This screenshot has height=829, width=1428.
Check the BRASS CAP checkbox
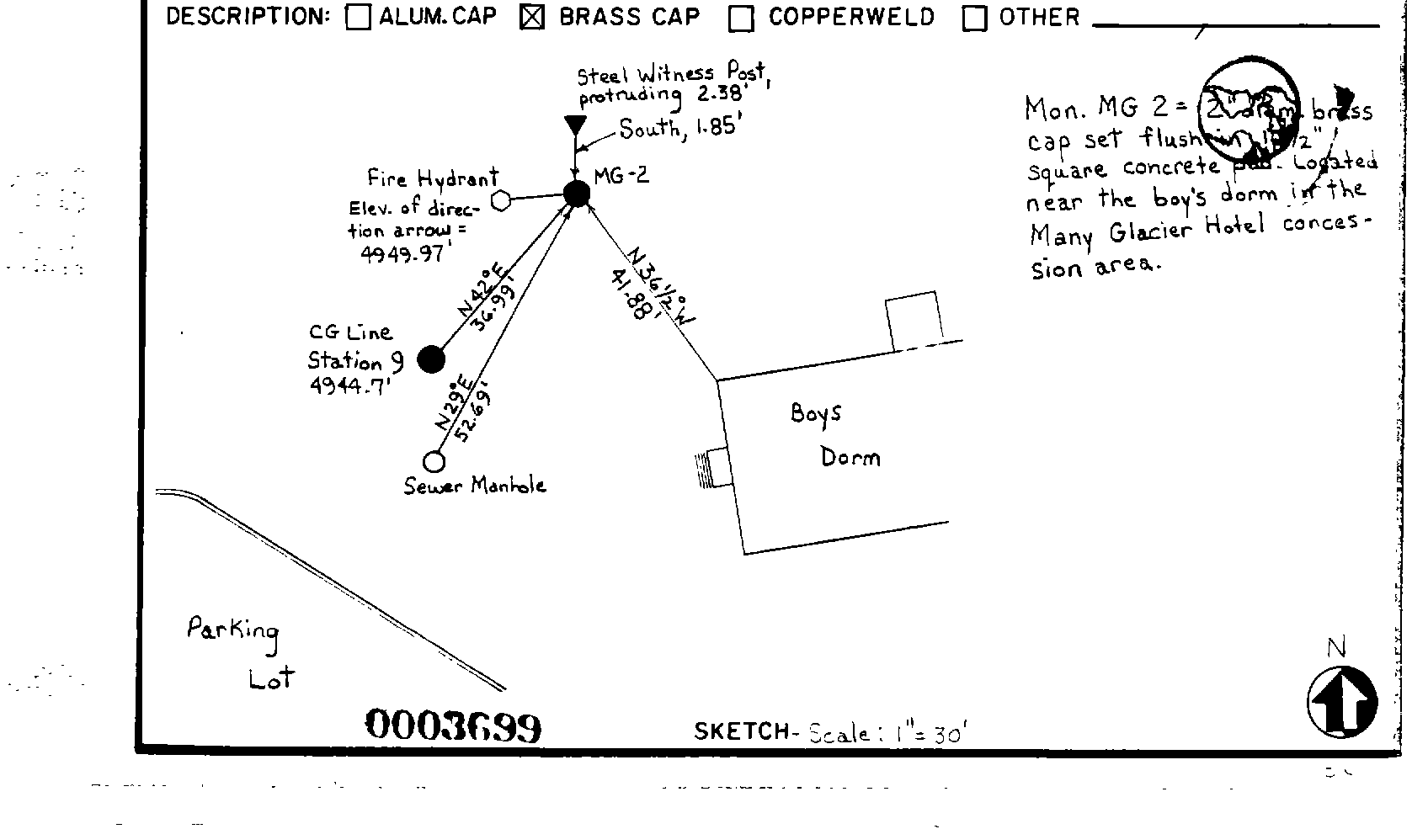(532, 18)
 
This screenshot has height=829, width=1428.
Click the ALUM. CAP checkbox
(358, 18)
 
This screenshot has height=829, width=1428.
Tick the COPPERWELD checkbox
(741, 19)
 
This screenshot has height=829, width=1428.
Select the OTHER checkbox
(974, 19)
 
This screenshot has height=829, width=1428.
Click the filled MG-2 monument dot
(577, 194)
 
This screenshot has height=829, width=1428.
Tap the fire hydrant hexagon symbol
(501, 200)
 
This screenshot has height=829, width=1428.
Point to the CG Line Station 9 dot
(431, 359)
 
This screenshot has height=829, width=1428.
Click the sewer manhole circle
(434, 461)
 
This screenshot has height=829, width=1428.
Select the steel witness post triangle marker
(575, 126)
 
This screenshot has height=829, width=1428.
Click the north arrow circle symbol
(1342, 702)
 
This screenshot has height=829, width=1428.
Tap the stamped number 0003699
(453, 725)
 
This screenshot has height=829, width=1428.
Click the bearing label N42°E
(482, 290)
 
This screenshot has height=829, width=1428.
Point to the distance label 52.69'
(472, 412)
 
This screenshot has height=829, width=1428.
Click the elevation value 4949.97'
(401, 253)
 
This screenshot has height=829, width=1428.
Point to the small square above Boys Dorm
(914, 320)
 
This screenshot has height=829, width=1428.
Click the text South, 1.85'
(679, 128)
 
